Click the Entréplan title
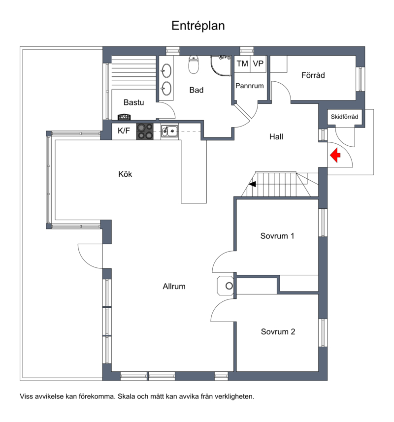click(198, 26)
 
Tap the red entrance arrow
click(335, 155)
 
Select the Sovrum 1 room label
click(277, 236)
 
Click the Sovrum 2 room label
click(278, 331)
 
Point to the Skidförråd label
click(344, 117)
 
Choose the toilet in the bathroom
click(194, 65)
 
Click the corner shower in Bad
click(221, 65)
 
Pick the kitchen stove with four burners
click(145, 131)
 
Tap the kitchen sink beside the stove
click(169, 131)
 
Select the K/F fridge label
click(124, 131)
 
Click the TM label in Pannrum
click(242, 64)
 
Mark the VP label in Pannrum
click(258, 64)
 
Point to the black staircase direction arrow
click(252, 184)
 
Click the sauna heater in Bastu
click(124, 117)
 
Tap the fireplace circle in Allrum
click(229, 286)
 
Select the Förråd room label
click(313, 75)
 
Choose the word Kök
click(125, 174)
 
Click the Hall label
click(276, 137)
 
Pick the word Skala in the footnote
click(126, 396)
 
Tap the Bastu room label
click(134, 102)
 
